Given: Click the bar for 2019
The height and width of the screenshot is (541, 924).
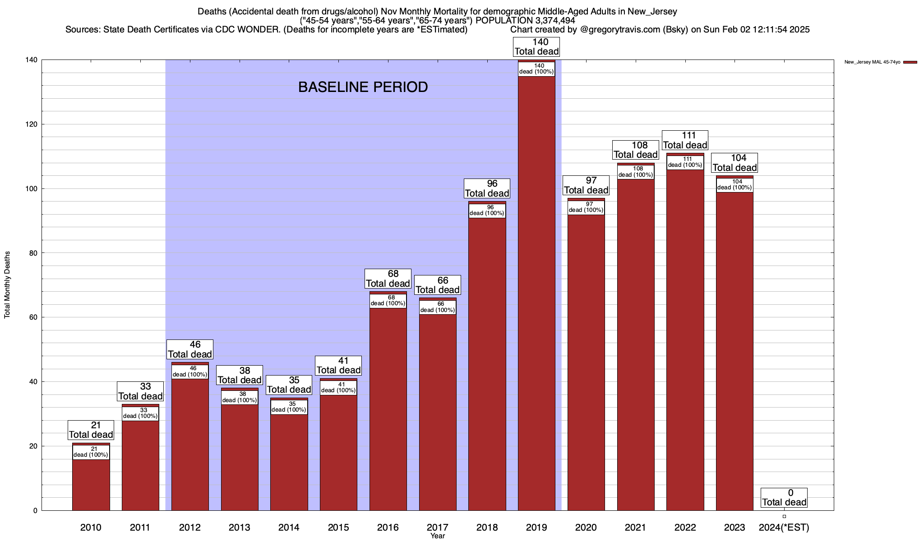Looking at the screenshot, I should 536,293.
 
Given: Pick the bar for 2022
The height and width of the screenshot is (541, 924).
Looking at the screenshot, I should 685,338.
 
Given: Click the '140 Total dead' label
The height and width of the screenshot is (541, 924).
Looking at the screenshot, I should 536,47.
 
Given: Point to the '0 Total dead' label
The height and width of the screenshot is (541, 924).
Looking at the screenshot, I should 784,498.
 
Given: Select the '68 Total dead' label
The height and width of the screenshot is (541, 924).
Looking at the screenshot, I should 388,279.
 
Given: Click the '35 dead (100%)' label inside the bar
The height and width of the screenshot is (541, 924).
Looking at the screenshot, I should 289,407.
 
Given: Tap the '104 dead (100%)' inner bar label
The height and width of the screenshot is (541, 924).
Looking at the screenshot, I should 735,185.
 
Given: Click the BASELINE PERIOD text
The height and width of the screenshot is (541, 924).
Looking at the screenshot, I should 363,87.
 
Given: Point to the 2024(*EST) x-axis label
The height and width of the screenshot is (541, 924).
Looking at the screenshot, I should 784,527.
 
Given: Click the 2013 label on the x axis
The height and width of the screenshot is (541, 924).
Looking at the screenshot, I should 239,527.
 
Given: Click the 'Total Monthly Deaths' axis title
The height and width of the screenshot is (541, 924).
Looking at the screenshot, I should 7,284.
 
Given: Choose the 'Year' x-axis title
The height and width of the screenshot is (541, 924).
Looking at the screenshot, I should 438,536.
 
